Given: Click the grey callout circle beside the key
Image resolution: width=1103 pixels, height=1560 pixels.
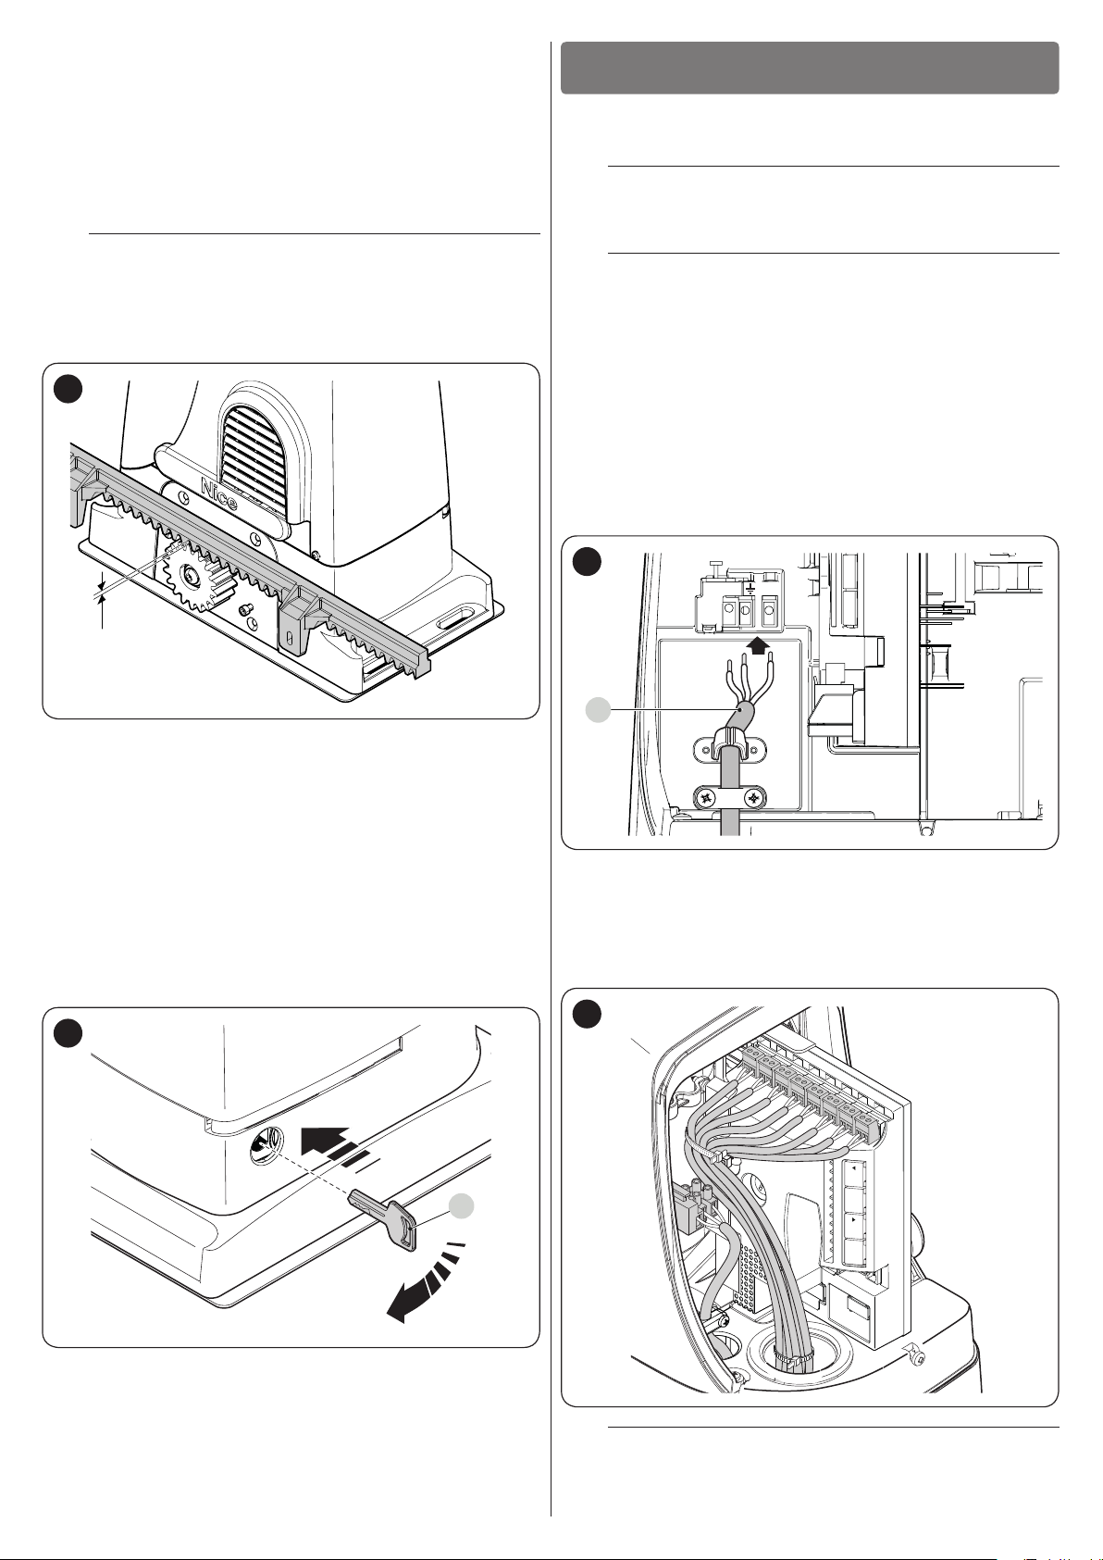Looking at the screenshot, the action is (461, 1206).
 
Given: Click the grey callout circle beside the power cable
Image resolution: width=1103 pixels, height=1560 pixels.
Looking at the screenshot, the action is (597, 710).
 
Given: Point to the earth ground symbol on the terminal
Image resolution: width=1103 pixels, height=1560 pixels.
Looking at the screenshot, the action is (750, 593).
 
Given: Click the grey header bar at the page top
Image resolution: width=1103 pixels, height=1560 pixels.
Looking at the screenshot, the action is (810, 68).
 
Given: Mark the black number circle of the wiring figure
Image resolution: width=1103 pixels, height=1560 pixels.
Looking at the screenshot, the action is (587, 1014).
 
